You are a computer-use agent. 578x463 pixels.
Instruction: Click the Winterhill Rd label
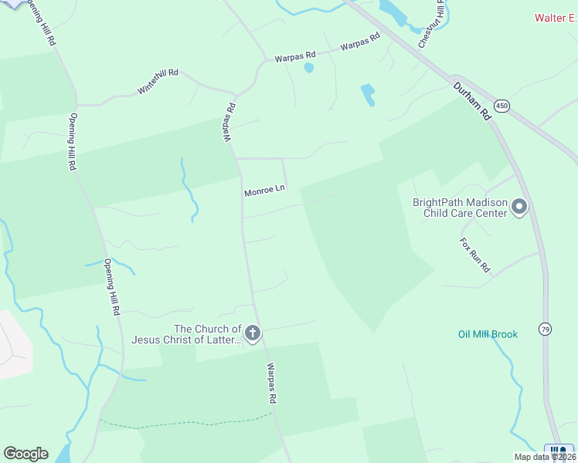click(158, 81)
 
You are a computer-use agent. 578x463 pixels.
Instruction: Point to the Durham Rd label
click(472, 100)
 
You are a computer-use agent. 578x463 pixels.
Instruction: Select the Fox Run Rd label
click(475, 255)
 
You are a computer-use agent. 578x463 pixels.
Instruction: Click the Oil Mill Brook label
click(488, 334)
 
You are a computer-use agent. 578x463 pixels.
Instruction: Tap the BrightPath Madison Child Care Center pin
click(519, 206)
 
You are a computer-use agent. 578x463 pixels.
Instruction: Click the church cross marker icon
click(253, 333)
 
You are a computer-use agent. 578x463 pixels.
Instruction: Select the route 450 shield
click(502, 106)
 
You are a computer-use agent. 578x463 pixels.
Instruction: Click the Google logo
click(25, 454)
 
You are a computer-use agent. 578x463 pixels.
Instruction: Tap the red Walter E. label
click(556, 18)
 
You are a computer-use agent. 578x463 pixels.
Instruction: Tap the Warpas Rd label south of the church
click(271, 384)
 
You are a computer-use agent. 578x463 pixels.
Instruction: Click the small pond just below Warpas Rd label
click(309, 68)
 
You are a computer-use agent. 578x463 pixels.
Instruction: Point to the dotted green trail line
click(185, 424)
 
